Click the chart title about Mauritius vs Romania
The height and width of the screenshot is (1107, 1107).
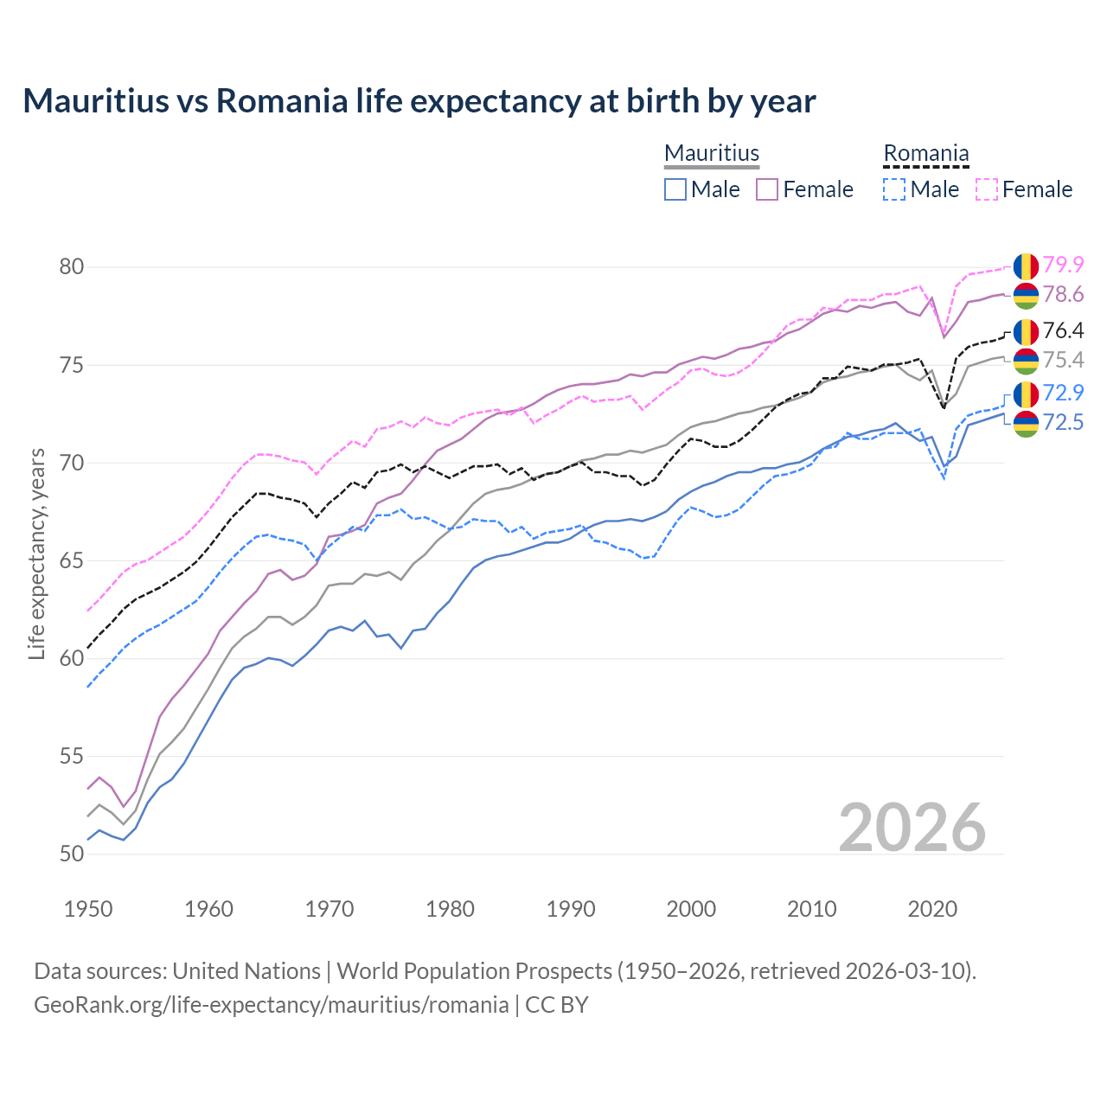tap(419, 101)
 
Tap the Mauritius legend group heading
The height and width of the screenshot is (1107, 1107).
tap(712, 153)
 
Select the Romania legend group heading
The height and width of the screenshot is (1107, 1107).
tap(925, 153)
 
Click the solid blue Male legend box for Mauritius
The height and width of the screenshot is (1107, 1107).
tap(675, 189)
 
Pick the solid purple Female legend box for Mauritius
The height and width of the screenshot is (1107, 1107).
tap(767, 189)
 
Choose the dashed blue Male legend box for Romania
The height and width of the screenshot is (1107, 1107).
tap(894, 189)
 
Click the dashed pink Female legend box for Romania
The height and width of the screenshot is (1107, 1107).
tap(987, 189)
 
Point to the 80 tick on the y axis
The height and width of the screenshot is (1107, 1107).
tap(72, 266)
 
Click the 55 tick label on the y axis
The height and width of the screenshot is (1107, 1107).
tap(72, 756)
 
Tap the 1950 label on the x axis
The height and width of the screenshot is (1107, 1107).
tap(88, 909)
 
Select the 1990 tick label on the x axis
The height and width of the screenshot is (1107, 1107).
tap(571, 909)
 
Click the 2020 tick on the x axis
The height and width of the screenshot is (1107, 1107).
tap(932, 909)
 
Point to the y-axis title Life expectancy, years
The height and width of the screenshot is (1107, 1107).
tap(37, 553)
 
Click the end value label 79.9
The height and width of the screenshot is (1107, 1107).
tap(1063, 265)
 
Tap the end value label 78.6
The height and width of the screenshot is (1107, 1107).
tap(1063, 295)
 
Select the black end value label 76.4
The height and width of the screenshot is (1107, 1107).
tap(1063, 330)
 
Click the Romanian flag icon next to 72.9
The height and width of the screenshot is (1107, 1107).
tap(1026, 394)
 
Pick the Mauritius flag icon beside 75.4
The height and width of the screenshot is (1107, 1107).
tap(1026, 361)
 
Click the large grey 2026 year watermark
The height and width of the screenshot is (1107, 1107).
tap(912, 828)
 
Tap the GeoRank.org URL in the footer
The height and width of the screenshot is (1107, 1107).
tap(271, 1005)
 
